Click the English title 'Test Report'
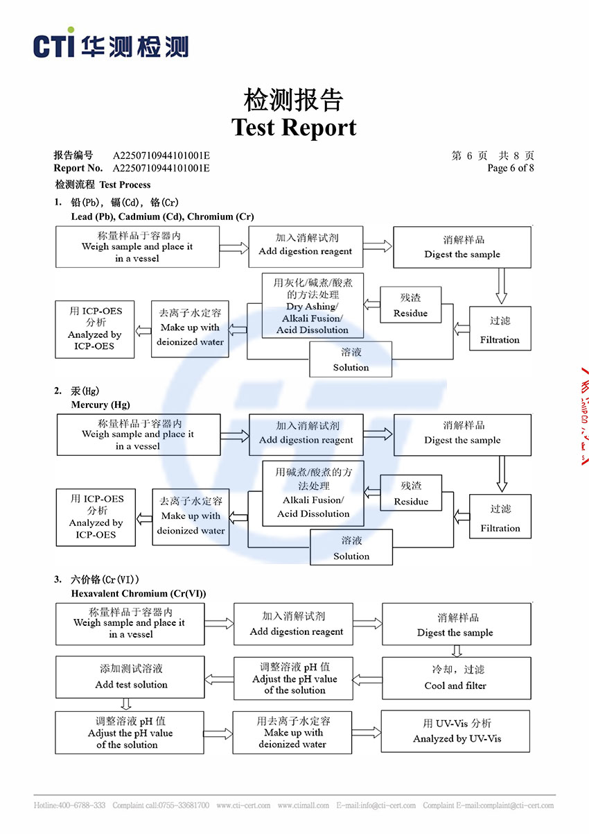294,128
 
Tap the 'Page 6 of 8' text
511,168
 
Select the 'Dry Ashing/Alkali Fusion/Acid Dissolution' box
312,306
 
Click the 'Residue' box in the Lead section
410,305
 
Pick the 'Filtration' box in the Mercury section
500,518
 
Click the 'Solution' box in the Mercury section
351,547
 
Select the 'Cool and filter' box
456,678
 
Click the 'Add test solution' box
130,677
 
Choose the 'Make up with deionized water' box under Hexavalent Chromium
292,732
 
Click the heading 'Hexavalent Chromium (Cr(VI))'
138,593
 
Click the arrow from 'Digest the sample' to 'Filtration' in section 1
501,285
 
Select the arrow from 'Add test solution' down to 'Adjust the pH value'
125,704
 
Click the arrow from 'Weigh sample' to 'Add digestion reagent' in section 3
219,624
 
